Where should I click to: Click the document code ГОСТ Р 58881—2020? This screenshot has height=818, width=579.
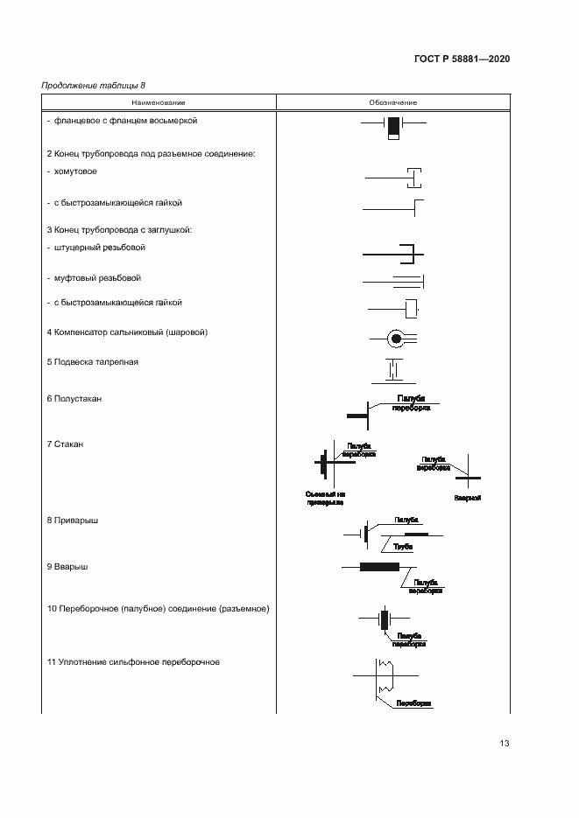pyautogui.click(x=462, y=59)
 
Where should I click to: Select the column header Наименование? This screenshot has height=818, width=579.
pyautogui.click(x=159, y=103)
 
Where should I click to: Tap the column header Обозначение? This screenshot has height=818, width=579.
pyautogui.click(x=393, y=103)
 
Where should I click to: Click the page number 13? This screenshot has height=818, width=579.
pyautogui.click(x=504, y=744)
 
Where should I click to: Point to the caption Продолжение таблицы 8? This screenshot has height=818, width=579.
pyautogui.click(x=94, y=85)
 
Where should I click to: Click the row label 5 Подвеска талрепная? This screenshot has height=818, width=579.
pyautogui.click(x=92, y=361)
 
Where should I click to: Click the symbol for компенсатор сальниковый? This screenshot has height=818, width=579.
pyautogui.click(x=395, y=338)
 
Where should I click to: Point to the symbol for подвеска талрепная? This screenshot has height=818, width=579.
pyautogui.click(x=393, y=370)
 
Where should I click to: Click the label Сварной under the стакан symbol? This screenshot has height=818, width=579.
pyautogui.click(x=468, y=498)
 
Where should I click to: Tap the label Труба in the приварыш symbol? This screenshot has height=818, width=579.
pyautogui.click(x=403, y=546)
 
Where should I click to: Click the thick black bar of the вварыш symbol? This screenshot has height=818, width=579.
pyautogui.click(x=378, y=567)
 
